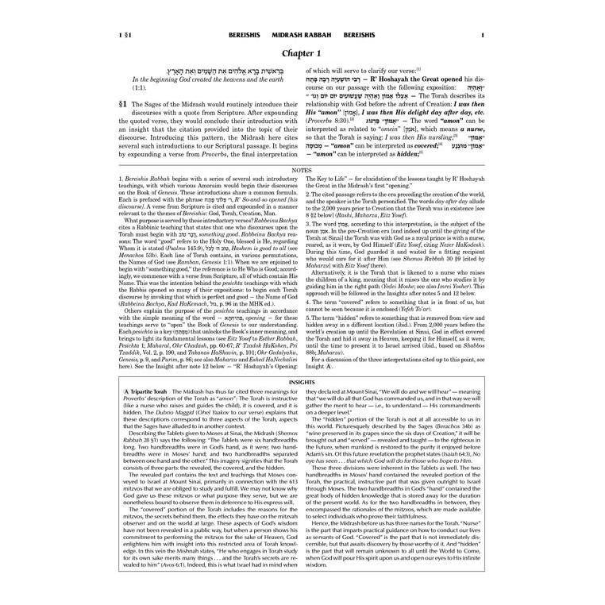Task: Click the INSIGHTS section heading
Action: pos(302,382)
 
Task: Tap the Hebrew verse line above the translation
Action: pos(205,71)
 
